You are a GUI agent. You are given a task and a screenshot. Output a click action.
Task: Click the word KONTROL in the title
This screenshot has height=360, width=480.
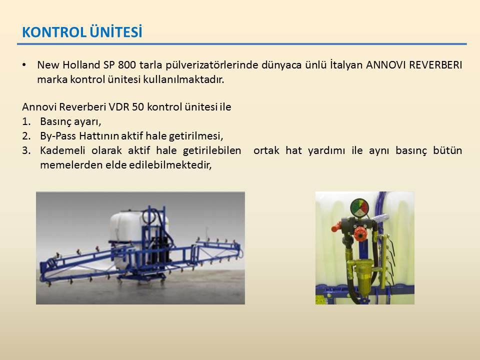[x=54, y=32]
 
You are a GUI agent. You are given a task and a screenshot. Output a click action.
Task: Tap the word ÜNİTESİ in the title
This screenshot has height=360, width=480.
[x=116, y=31]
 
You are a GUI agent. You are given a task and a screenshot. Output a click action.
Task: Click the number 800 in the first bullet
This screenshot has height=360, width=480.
[x=127, y=65]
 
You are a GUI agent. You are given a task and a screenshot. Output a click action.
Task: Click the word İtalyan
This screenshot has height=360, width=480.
[x=346, y=65]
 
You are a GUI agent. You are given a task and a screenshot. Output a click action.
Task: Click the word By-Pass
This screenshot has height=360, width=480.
[x=58, y=136]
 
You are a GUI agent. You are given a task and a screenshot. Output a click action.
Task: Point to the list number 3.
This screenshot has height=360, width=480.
[x=26, y=150]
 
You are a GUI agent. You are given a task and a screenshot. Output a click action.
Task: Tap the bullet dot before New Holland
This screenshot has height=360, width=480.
[x=24, y=65]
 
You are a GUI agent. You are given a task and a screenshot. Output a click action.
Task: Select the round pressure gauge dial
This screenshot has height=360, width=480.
[x=359, y=208]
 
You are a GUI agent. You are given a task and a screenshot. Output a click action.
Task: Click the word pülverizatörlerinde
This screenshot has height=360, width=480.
[x=211, y=65]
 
